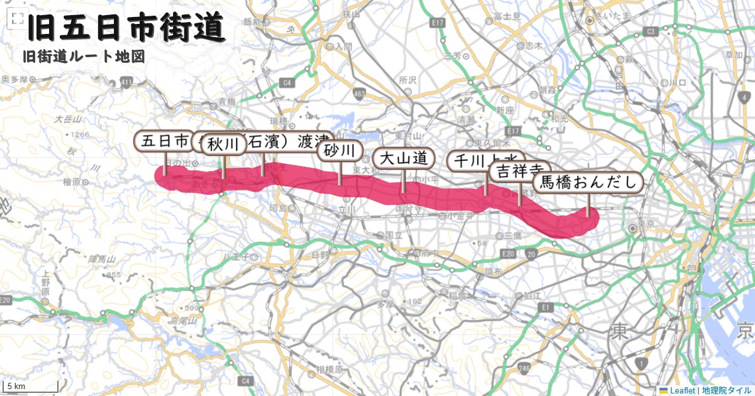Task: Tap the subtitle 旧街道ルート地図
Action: [84, 57]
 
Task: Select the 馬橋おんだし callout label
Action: [589, 183]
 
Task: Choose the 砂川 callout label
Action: [340, 151]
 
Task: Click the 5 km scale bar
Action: [16, 387]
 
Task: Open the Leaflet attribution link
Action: [682, 390]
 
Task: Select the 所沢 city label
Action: [408, 80]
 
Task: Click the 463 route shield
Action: [359, 94]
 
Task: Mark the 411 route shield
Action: [128, 82]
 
